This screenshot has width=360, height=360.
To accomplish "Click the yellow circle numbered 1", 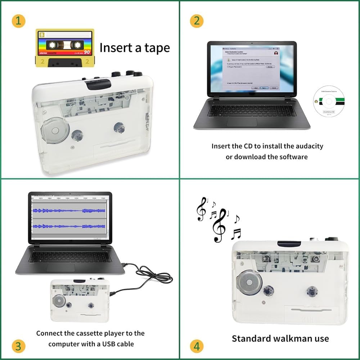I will pos(18,21).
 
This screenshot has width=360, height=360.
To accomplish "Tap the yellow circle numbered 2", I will pos(197,21).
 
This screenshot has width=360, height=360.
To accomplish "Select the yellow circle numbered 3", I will pos(18,346).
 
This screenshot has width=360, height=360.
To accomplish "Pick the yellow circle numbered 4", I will pos(197,346).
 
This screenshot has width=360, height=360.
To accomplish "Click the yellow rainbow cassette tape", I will pos(65,48).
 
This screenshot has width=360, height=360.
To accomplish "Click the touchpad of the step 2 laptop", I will pos(242,121).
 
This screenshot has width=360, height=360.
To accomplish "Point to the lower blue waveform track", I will pos(68,226).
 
